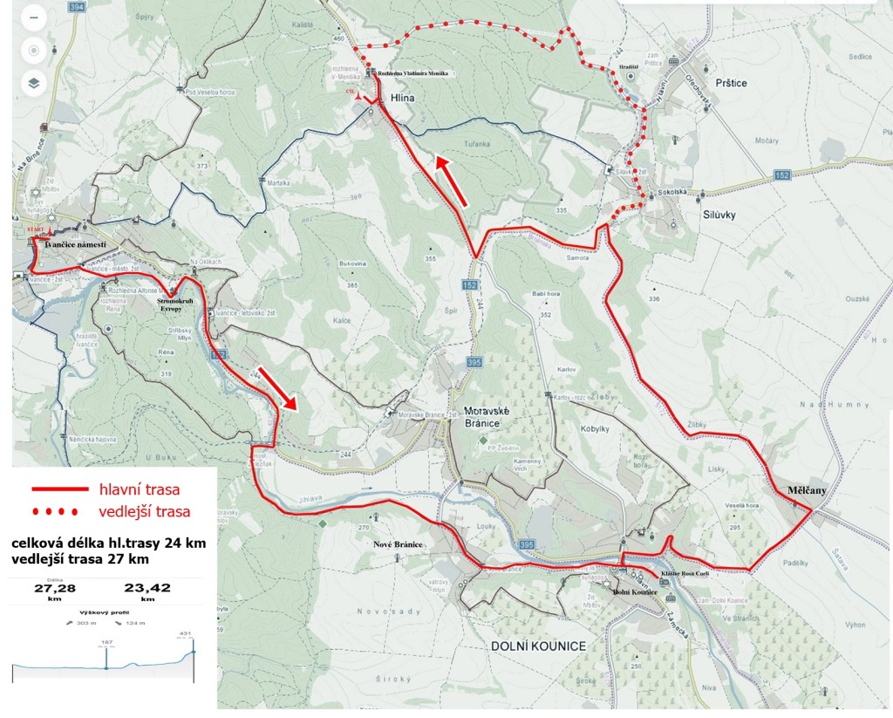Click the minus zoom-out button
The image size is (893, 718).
tap(33, 17)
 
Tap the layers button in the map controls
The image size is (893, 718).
tap(33, 84)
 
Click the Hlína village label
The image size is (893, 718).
tap(402, 99)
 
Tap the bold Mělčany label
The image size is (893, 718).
tap(801, 491)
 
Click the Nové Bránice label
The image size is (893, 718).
tap(398, 544)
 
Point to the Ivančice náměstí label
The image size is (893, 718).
tap(75, 246)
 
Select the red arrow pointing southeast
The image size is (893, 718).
tap(280, 388)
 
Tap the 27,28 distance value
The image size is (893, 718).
tap(51, 588)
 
